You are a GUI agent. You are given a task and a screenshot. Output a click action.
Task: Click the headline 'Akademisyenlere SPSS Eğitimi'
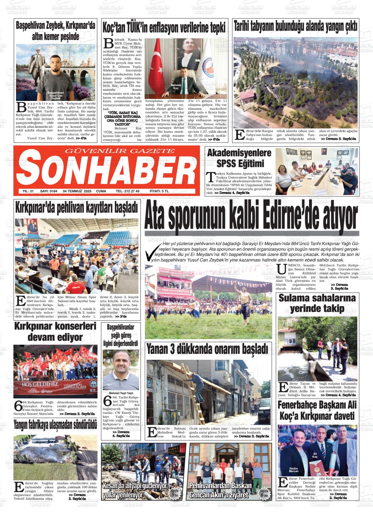tap(240, 158)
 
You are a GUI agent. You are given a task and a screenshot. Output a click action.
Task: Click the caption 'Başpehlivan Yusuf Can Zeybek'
tap(56, 95)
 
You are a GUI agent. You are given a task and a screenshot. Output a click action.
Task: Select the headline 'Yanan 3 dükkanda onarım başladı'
tap(207, 350)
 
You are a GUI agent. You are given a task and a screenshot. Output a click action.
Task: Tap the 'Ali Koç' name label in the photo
tap(315, 455)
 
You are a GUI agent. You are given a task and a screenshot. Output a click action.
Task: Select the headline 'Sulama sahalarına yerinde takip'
tap(317, 303)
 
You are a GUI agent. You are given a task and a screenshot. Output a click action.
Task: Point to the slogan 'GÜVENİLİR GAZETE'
tap(120, 151)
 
